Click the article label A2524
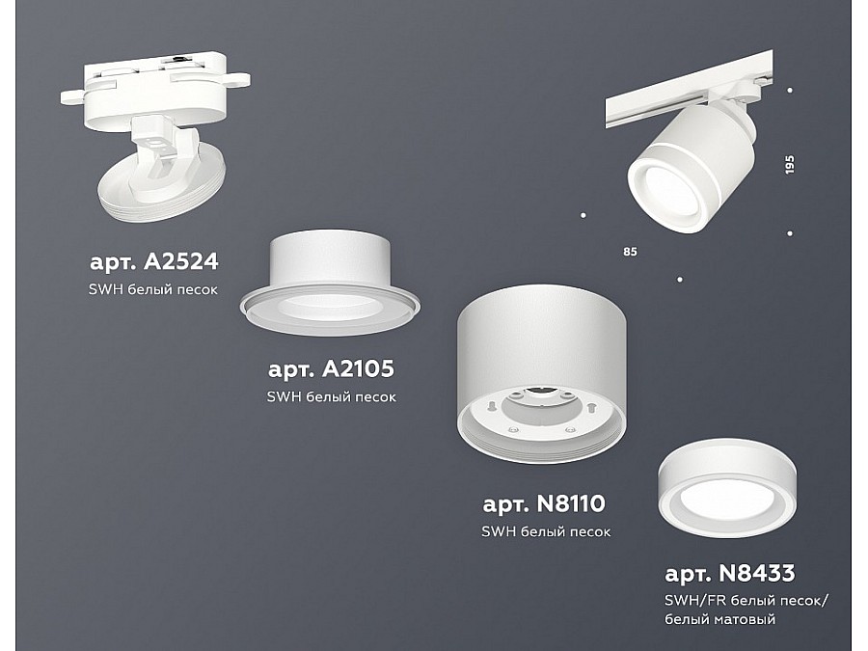pyautogui.click(x=154, y=261)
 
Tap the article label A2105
pyautogui.click(x=331, y=368)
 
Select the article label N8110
pyautogui.click(x=544, y=503)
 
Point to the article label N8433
pyautogui.click(x=730, y=573)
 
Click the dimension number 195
pyautogui.click(x=790, y=164)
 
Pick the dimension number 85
pyautogui.click(x=630, y=252)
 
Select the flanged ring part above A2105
pyautogui.click(x=330, y=283)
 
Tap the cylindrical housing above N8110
pyautogui.click(x=542, y=373)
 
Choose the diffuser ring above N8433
pyautogui.click(x=727, y=489)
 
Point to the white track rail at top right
pyautogui.click(x=690, y=89)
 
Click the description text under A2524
pyautogui.click(x=153, y=289)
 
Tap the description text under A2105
pyautogui.click(x=332, y=397)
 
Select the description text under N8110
pyautogui.click(x=546, y=532)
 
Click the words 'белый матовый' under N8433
pyautogui.click(x=720, y=619)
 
